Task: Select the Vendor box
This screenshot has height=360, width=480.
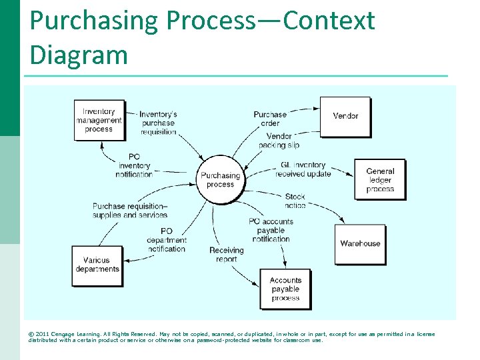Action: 345,116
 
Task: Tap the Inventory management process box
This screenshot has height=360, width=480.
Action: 99,120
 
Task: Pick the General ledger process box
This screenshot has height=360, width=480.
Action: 379,180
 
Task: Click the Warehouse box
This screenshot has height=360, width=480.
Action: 360,244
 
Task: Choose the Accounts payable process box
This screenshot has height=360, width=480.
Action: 285,289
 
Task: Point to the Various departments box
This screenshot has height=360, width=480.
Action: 97,265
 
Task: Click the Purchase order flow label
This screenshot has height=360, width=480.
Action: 270,119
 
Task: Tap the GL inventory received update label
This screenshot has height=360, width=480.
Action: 303,169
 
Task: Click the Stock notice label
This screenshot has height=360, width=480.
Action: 295,201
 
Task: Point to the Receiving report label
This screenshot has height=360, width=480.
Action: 227,255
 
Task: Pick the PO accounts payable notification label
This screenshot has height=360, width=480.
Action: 271,230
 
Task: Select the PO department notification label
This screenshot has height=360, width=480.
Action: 166,240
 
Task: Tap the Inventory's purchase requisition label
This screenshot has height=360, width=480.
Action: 158,123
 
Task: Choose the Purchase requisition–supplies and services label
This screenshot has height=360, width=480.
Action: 130,211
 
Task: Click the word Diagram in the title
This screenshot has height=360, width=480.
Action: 79,54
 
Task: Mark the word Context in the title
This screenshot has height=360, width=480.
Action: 329,21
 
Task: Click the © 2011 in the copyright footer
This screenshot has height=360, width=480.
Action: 41,334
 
